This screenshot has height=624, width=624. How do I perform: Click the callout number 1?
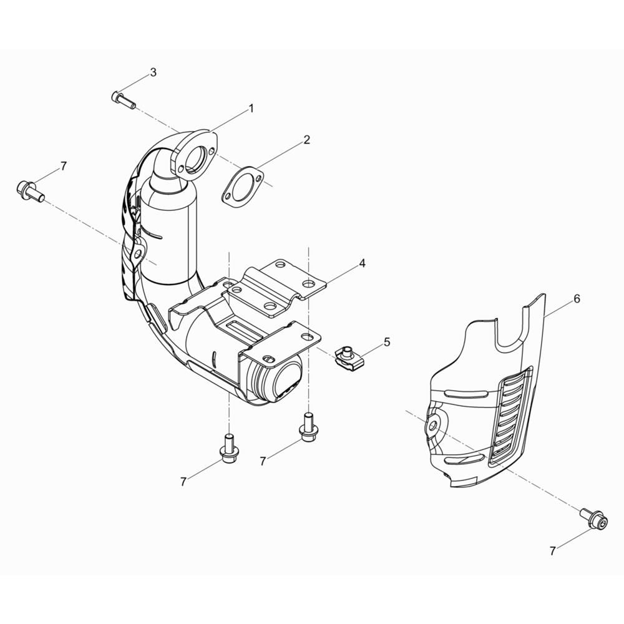click(x=251, y=108)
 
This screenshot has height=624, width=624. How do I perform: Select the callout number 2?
click(x=306, y=140)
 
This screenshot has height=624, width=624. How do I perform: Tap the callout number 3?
click(x=154, y=72)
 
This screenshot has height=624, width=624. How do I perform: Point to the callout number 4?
click(x=362, y=263)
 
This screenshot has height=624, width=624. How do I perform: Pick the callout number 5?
click(x=387, y=342)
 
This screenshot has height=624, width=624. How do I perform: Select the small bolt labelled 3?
click(x=124, y=100)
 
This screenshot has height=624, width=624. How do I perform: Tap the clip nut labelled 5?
click(x=348, y=358)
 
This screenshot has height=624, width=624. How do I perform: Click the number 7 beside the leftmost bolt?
click(x=64, y=165)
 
